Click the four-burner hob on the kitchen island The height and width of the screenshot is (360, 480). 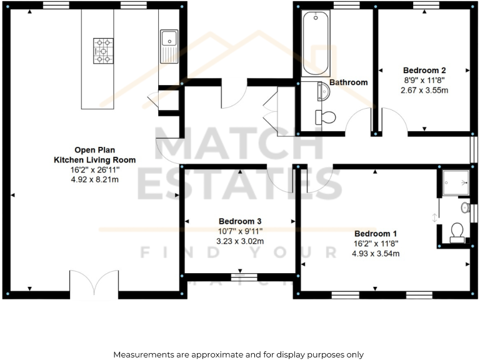103,51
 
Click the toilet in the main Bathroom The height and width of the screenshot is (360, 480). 326,117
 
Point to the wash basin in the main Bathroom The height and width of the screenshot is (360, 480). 324,92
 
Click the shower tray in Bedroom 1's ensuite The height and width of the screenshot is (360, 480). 454,182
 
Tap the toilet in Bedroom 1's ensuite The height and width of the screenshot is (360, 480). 457,231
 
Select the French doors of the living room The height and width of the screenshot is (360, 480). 94,284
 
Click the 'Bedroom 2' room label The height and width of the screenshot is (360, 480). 424,71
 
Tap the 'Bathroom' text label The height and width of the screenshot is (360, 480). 348,82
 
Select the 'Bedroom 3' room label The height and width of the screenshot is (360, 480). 239,221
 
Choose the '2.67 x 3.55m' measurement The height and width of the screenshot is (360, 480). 424,90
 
